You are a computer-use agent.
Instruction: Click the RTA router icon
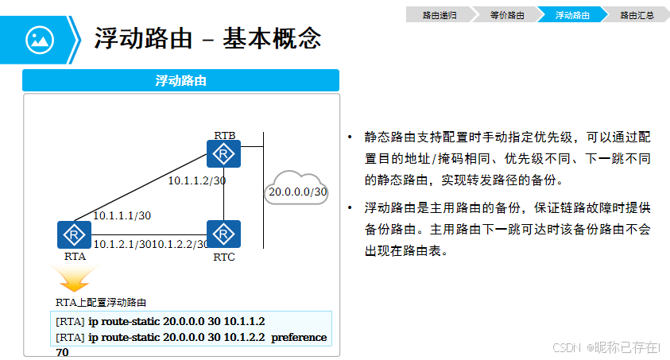point(74,234)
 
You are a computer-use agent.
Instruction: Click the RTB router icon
point(223,153)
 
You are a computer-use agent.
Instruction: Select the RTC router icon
point(223,234)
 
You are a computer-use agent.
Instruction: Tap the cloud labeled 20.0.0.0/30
point(296,189)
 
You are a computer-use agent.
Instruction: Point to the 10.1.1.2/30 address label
point(196,180)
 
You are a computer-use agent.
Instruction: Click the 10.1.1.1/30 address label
point(122,215)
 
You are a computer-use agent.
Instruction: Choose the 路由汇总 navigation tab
point(637,14)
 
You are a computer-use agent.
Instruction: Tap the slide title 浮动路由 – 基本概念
point(207,37)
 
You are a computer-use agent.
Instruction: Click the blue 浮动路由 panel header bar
point(181,80)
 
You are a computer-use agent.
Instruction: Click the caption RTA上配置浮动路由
point(100,303)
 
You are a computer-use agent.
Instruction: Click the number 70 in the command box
point(62,351)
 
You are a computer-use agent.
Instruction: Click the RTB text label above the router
point(223,135)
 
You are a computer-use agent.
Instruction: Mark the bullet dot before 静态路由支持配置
point(349,137)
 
